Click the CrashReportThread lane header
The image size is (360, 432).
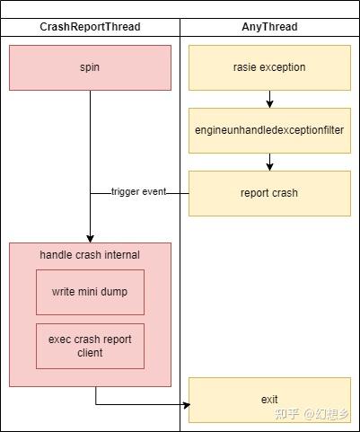click(90, 27)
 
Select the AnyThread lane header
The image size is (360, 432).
click(269, 27)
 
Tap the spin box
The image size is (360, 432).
click(90, 67)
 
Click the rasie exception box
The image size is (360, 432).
click(269, 67)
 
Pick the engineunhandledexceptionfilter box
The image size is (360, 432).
click(269, 130)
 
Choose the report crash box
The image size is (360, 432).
click(269, 193)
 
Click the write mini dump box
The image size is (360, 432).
click(90, 292)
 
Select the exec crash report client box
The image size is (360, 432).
click(90, 346)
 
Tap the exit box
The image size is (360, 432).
click(269, 400)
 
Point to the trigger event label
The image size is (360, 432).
click(139, 192)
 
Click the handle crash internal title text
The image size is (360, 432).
click(90, 255)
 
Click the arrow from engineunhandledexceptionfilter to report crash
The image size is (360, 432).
click(269, 162)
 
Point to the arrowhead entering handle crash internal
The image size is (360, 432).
click(90, 238)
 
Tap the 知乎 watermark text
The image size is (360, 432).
click(286, 414)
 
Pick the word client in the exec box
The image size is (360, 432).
click(90, 353)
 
